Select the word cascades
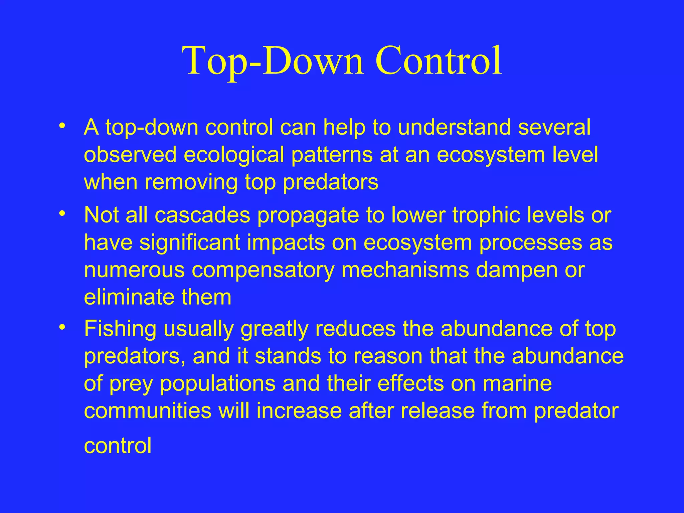tap(202, 215)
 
